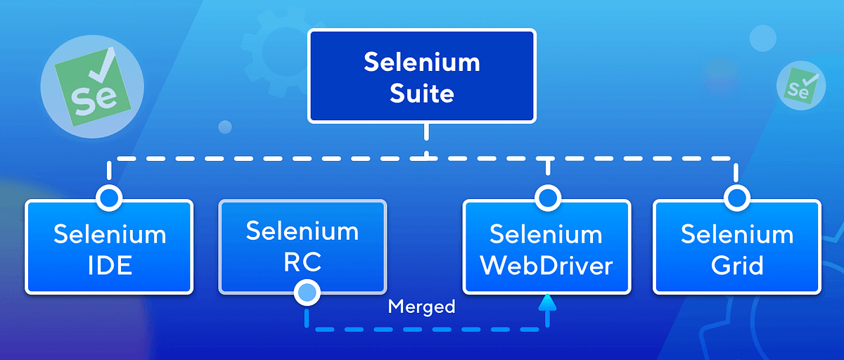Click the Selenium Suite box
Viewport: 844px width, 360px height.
pyautogui.click(x=421, y=77)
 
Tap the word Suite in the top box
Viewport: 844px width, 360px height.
pyautogui.click(x=421, y=93)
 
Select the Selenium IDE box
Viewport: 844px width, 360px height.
pyautogui.click(x=109, y=247)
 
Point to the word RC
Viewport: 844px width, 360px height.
pyautogui.click(x=302, y=262)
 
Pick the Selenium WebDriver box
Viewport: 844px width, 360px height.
pyautogui.click(x=546, y=247)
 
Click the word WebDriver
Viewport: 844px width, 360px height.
pyautogui.click(x=546, y=266)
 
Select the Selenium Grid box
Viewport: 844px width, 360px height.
pyautogui.click(x=736, y=247)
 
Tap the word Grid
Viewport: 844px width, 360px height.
pyautogui.click(x=736, y=266)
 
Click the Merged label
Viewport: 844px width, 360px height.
pyautogui.click(x=421, y=307)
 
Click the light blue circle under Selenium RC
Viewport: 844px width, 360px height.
pyautogui.click(x=307, y=291)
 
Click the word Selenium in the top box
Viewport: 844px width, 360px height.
pyautogui.click(x=421, y=62)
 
